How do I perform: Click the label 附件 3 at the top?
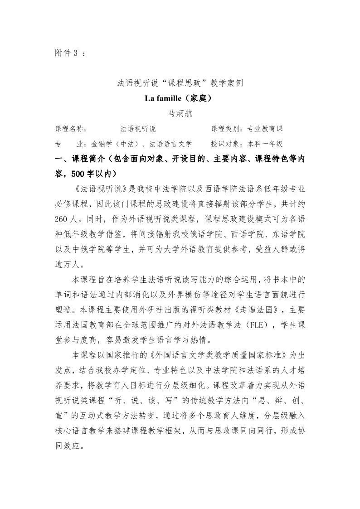(66, 53)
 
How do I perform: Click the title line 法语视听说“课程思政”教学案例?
(180, 83)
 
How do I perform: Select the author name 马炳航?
(180, 113)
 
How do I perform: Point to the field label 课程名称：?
(71, 129)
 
